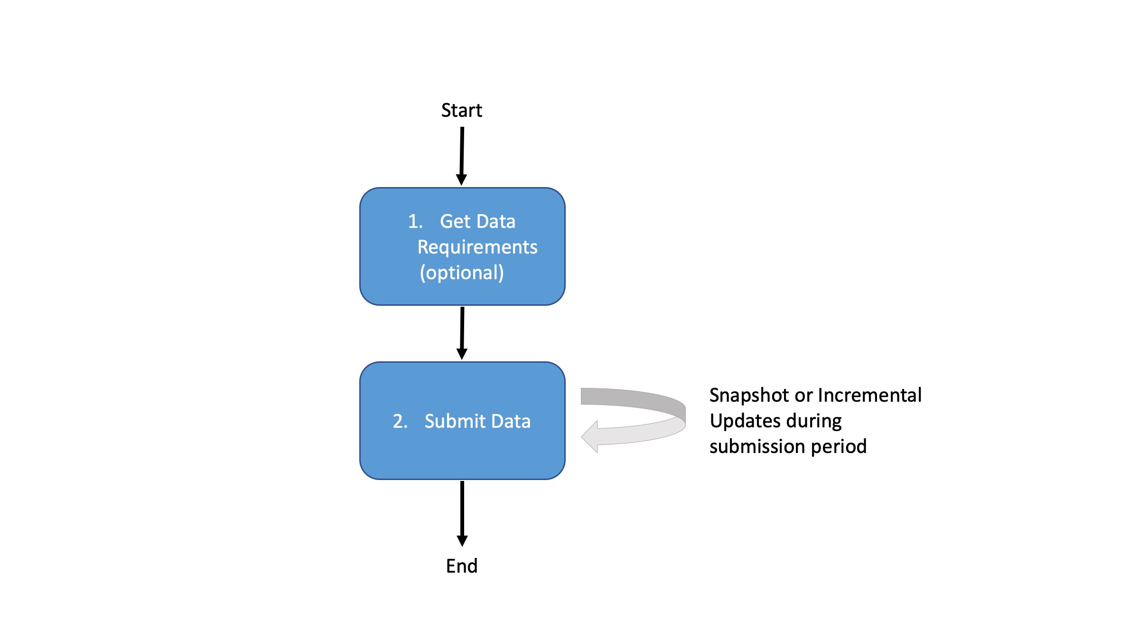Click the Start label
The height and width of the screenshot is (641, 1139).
[x=461, y=111]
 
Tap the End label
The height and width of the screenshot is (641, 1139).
[x=461, y=566]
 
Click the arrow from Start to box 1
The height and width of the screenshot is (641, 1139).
[x=462, y=152]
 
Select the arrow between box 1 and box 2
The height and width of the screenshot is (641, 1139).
[x=462, y=330]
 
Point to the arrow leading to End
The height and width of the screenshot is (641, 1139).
[x=462, y=510]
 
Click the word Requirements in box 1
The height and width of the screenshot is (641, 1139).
[x=477, y=247]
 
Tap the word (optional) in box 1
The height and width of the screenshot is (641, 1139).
[x=461, y=273]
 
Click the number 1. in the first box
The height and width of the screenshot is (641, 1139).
[x=415, y=221]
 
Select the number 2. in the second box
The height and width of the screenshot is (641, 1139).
[x=400, y=421]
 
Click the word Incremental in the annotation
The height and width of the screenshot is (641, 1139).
[x=869, y=396]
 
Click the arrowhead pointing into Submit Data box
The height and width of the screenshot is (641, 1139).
[x=462, y=354]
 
